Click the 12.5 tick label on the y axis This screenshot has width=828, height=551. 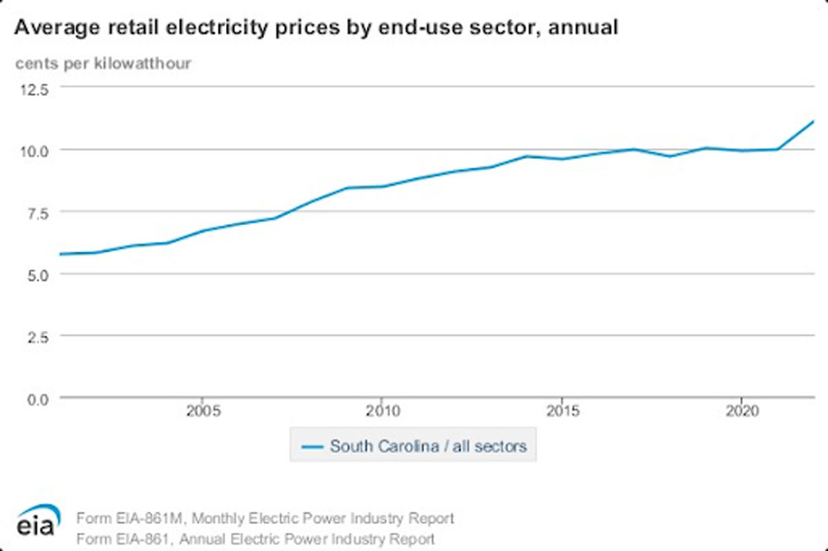tap(34, 88)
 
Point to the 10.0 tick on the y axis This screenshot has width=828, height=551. tap(34, 150)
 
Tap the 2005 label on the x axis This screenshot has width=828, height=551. tap(203, 410)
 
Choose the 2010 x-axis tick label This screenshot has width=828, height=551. tap(381, 410)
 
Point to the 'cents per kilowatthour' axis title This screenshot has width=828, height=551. tap(103, 63)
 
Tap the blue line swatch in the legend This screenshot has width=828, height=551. tap(311, 447)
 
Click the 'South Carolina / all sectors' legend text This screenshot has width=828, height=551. tap(428, 447)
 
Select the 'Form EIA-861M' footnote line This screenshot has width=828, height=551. tap(265, 519)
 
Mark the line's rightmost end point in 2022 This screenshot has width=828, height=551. tap(814, 122)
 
